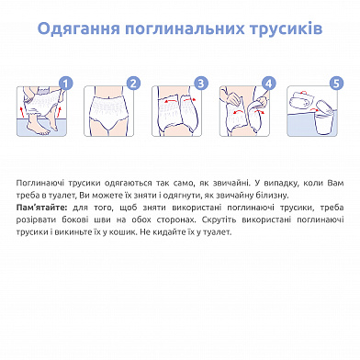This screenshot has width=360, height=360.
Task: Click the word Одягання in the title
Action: tap(79, 29)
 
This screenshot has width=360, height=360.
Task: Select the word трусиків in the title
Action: tap(286, 28)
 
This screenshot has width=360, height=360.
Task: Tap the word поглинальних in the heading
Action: tap(185, 29)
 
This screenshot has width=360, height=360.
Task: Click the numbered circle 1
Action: tap(66, 84)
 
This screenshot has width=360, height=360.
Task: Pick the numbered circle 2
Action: tap(133, 84)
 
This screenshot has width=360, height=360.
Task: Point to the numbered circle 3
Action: tap(201, 84)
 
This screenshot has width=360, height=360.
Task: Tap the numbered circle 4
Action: tap(269, 84)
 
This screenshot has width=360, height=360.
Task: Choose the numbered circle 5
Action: tap(336, 84)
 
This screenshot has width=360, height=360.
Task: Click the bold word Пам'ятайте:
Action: tap(41, 208)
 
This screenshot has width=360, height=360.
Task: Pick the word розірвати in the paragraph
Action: tap(36, 220)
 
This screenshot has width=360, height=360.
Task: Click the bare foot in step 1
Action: tap(39, 129)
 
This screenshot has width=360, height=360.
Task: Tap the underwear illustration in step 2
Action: tap(108, 108)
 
